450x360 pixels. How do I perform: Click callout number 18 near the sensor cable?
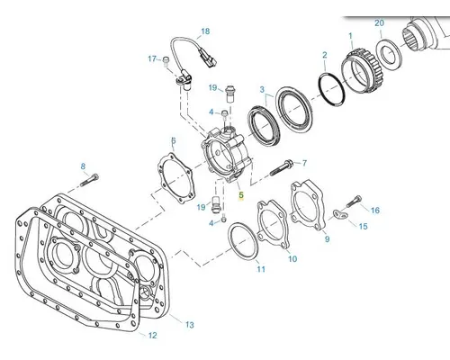(205, 31)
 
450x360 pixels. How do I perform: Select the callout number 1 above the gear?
(349, 35)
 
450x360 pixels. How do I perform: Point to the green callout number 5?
(240, 193)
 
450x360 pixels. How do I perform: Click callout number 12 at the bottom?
(152, 335)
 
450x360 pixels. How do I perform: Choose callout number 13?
(189, 323)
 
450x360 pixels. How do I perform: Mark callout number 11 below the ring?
(261, 269)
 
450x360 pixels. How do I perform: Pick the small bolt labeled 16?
(354, 201)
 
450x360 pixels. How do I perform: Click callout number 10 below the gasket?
(292, 259)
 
